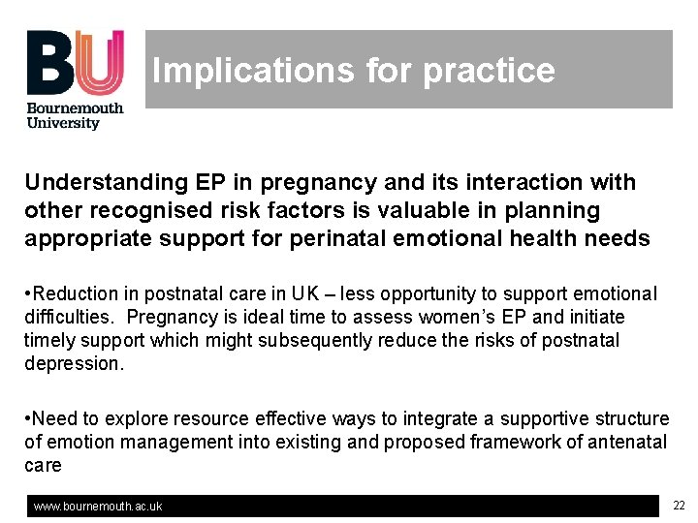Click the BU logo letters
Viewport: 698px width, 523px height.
[75, 62]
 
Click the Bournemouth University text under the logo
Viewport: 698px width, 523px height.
[75, 115]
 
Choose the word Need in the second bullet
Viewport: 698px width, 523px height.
[53, 418]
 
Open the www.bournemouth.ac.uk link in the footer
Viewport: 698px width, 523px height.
[98, 507]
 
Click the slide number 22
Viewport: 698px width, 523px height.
[679, 505]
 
